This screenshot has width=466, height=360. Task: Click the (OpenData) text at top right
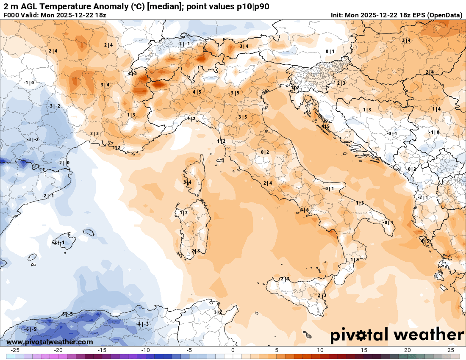pos(444,15)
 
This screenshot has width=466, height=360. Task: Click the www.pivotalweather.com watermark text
pos(50,342)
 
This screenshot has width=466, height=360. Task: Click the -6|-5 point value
pos(31,329)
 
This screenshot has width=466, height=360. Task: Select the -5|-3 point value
pos(67,314)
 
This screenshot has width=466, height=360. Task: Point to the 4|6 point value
pos(305,210)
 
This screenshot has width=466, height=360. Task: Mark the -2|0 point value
pos(64,163)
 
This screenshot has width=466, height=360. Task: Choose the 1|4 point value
pos(436,109)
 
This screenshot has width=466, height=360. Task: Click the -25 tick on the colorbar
pos(15,350)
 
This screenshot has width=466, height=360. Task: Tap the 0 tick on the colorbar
pos(233,350)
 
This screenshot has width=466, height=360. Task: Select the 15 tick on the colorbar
pos(364,350)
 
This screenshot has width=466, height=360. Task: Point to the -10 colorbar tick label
pos(145,350)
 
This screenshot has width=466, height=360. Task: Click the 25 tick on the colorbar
pos(451,350)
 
